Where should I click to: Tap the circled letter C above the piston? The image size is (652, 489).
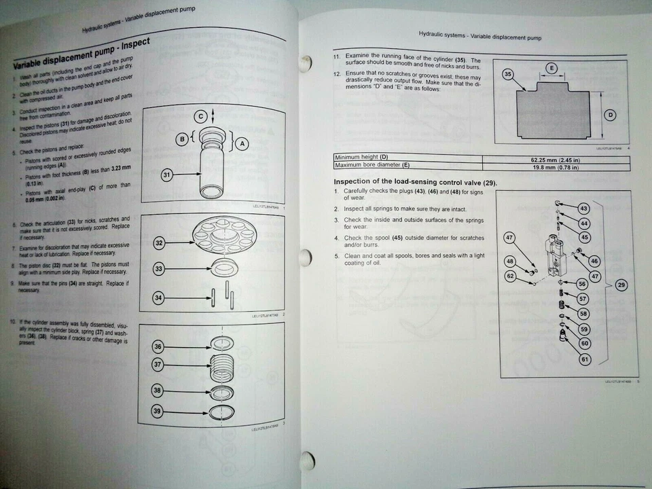click(x=201, y=116)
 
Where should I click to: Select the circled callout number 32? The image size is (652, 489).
click(x=160, y=243)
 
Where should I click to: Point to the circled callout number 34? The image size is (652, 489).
click(x=159, y=297)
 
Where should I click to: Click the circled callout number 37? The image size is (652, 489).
click(x=159, y=365)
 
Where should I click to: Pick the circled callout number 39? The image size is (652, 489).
click(x=158, y=412)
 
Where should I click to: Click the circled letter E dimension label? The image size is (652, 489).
click(x=551, y=69)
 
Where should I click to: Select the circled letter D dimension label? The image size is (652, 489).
click(x=610, y=115)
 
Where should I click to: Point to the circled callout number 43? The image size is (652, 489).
click(x=583, y=208)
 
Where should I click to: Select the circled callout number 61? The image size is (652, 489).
click(x=585, y=359)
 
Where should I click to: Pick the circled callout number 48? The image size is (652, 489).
click(x=510, y=261)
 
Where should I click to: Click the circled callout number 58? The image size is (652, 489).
click(x=583, y=314)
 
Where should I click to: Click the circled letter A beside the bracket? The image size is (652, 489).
click(x=242, y=143)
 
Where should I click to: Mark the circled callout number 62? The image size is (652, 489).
click(x=509, y=276)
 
